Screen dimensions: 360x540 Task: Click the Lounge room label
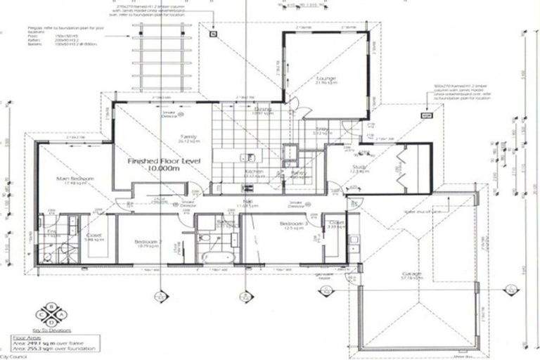326,79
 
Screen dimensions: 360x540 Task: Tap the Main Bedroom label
75,179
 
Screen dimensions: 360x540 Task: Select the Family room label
189,136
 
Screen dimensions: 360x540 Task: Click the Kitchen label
253,172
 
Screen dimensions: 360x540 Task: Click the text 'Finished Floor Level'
164,161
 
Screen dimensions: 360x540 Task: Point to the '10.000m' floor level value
164,171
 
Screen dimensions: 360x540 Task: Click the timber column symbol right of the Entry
424,114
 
